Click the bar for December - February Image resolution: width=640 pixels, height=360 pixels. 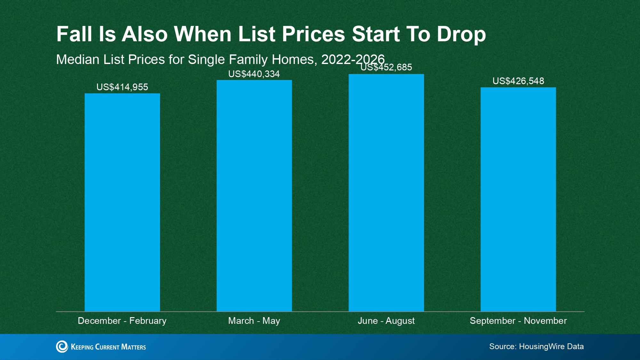[x=122, y=202]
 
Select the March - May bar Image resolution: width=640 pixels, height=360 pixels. [x=254, y=196]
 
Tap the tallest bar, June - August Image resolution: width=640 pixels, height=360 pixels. [x=386, y=193]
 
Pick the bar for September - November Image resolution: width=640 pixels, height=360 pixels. [x=518, y=199]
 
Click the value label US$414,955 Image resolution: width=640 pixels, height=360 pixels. [x=122, y=87]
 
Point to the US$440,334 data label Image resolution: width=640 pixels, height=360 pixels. [x=254, y=74]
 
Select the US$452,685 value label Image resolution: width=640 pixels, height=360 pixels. [x=386, y=67]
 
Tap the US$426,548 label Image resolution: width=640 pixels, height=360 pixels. [x=518, y=81]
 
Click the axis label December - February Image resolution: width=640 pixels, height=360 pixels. [x=122, y=321]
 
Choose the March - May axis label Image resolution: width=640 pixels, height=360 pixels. [x=254, y=321]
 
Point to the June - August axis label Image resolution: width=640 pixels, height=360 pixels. [x=386, y=321]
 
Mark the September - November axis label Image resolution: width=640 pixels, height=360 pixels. [x=518, y=321]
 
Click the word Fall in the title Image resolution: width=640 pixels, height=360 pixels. [x=74, y=34]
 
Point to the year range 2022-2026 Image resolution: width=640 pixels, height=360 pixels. [x=353, y=60]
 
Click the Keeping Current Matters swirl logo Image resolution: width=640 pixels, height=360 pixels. [x=62, y=347]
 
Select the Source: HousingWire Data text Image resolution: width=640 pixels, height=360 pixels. [x=537, y=347]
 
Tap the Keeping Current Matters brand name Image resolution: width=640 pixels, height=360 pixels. [x=108, y=347]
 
